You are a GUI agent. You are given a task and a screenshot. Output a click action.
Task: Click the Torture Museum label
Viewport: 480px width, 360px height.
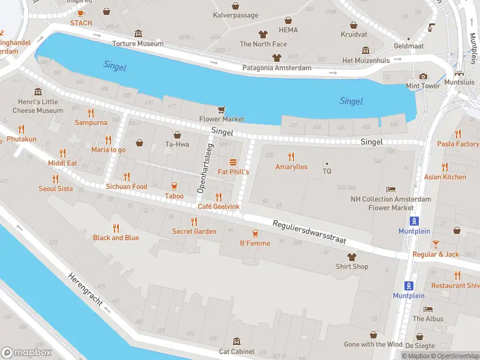(138, 44)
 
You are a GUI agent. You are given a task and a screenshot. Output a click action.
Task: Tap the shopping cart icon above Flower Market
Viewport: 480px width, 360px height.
(222, 109)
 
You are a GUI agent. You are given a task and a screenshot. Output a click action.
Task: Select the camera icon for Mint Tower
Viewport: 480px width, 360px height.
(423, 76)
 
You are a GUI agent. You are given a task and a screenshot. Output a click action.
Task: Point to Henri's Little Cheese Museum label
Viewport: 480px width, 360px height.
(38, 106)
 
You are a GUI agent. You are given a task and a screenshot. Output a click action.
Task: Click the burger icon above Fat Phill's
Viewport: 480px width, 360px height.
(233, 162)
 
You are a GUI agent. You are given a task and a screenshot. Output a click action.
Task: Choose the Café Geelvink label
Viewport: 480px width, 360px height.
(219, 206)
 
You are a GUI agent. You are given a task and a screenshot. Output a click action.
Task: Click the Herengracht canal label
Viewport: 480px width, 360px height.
(88, 293)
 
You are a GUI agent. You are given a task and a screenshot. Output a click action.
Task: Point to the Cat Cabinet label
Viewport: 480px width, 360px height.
(236, 352)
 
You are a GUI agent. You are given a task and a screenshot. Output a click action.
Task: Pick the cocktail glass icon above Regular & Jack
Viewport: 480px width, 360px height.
(436, 244)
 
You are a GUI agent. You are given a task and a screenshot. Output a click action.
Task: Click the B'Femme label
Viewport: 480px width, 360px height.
(255, 243)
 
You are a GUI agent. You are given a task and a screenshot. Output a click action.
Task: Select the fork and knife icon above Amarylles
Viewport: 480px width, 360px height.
(291, 157)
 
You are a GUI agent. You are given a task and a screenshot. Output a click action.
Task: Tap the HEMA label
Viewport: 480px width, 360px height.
(288, 29)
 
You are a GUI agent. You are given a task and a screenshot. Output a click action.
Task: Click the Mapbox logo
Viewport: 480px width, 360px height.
(26, 353)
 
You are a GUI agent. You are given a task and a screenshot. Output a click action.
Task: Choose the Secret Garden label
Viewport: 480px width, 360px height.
(194, 232)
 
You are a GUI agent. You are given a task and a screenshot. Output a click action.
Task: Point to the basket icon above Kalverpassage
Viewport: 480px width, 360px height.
(236, 5)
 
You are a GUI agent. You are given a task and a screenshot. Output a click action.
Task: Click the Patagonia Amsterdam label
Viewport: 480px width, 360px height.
(277, 68)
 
